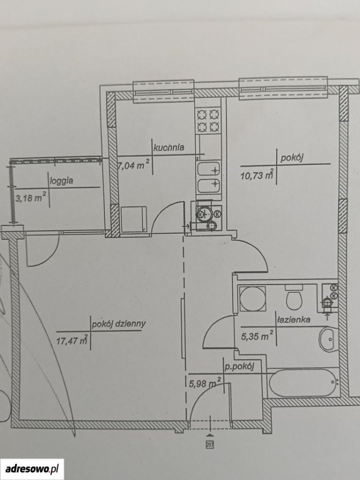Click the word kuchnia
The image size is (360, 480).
click(x=169, y=147)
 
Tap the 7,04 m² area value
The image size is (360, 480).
click(x=134, y=165)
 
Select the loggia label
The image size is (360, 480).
click(x=62, y=180)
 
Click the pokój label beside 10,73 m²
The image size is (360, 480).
click(x=291, y=158)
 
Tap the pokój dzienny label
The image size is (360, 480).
click(x=119, y=324)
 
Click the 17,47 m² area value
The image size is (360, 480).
click(x=72, y=339)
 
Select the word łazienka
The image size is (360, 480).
click(x=293, y=319)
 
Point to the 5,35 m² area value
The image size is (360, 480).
click(x=257, y=336)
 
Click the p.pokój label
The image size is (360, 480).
click(x=239, y=367)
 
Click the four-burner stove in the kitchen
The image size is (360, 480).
click(x=208, y=120)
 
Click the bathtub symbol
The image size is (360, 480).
click(x=303, y=382)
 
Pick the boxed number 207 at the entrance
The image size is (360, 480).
click(x=209, y=444)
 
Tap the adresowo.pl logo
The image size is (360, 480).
click(x=32, y=468)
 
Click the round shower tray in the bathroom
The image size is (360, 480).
click(x=252, y=298)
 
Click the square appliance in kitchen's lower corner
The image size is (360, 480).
click(x=133, y=219)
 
